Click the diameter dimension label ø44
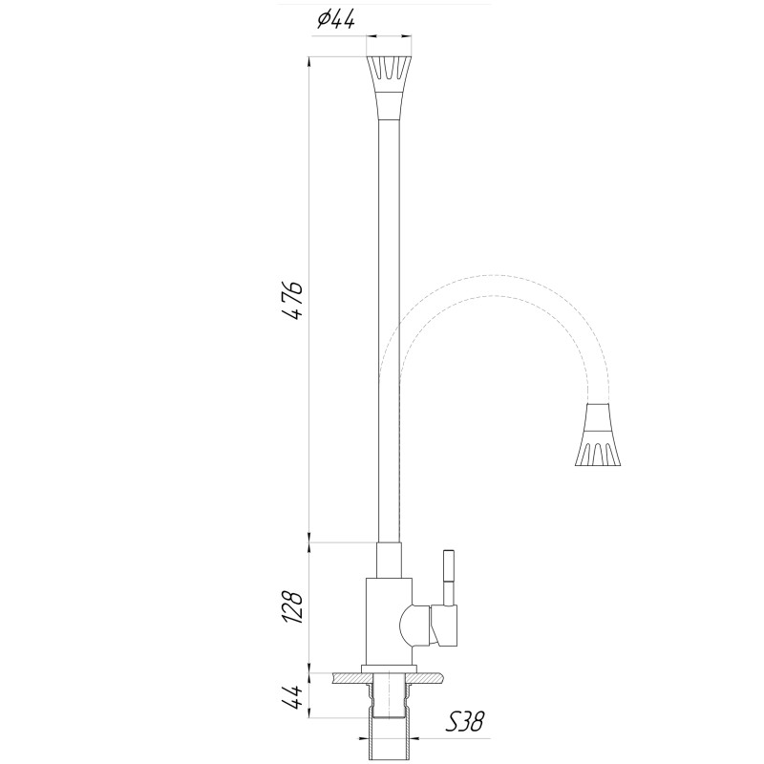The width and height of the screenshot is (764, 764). point(334,20)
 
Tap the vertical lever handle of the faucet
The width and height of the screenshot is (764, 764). point(447,579)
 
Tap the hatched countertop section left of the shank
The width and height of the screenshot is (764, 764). point(350,678)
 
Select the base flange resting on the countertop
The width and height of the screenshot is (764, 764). point(389,667)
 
